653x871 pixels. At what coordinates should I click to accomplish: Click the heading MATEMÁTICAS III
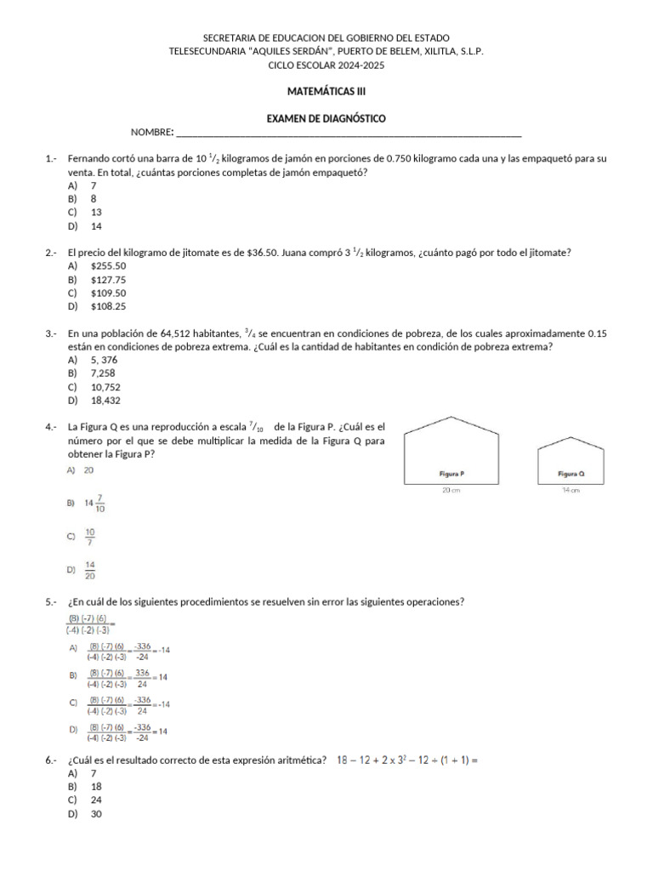[326, 91]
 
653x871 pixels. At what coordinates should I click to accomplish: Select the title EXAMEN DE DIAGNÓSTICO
[326, 119]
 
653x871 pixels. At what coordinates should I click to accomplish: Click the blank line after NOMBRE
[348, 134]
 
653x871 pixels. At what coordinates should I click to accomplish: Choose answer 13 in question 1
[96, 212]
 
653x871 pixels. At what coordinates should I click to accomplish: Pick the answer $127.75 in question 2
[108, 279]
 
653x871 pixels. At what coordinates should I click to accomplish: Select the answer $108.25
[108, 306]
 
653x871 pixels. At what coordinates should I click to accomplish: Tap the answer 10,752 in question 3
[103, 386]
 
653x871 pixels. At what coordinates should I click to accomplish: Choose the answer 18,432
[103, 400]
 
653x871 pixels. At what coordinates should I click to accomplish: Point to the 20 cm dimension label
[451, 491]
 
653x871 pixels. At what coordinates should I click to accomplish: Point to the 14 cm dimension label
[571, 491]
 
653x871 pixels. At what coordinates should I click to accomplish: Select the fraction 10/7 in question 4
[90, 537]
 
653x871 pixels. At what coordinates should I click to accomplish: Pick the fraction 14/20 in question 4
[90, 570]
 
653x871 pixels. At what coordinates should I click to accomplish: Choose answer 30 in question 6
[96, 814]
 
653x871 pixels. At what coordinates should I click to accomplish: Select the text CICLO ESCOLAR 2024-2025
[326, 64]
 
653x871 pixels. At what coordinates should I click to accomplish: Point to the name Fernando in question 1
[90, 159]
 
